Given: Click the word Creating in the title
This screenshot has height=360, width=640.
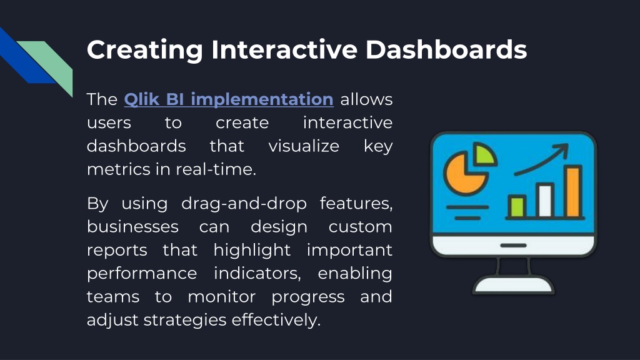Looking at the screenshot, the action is (x=145, y=51).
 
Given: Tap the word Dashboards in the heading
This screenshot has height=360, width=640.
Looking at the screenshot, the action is (x=446, y=49).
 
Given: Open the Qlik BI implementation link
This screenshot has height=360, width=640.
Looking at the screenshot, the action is (x=229, y=99).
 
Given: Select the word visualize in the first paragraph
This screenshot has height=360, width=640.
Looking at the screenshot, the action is (x=304, y=146).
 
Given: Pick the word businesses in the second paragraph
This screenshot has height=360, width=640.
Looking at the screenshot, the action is (x=132, y=226).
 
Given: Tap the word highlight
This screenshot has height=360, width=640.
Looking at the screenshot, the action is (x=252, y=251).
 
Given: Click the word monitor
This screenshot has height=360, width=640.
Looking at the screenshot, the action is (x=222, y=297).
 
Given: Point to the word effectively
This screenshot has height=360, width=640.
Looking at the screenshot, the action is (x=276, y=319).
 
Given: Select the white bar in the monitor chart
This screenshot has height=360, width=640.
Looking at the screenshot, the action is (x=545, y=200).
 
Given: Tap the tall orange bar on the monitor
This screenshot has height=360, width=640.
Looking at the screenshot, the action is (x=573, y=191).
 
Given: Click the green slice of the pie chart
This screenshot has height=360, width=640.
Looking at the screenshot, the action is (x=484, y=154).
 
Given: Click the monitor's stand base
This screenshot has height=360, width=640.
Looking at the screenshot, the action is (x=514, y=285).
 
